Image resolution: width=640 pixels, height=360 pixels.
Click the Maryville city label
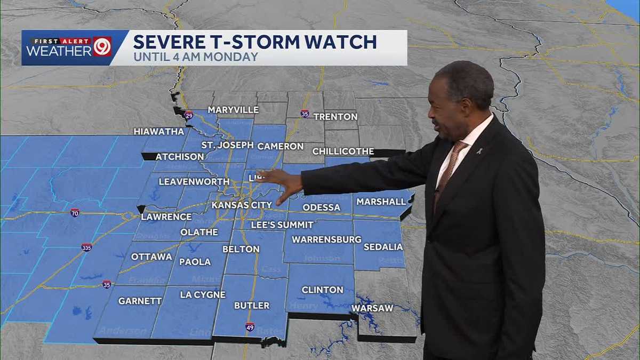tap(233, 110)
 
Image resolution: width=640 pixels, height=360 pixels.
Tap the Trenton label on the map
tap(335, 116)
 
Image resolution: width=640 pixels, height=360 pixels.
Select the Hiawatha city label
tap(159, 131)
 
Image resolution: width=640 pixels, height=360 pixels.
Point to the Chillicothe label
tap(343, 151)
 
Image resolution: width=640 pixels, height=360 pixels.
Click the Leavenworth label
tap(190, 182)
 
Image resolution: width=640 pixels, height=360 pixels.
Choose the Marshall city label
tap(381, 202)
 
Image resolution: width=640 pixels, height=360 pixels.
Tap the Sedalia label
tap(383, 247)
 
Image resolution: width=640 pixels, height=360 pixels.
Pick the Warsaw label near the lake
tap(372, 308)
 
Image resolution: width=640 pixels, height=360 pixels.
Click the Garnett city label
tap(140, 301)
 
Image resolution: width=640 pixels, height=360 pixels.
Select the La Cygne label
tap(203, 294)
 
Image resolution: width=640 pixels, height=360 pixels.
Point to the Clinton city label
tap(322, 290)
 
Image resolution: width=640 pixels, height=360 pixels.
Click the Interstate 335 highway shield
tap(86, 247)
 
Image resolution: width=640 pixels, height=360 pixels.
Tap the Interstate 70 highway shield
tap(75, 213)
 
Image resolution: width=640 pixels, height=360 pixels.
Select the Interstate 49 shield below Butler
tap(250, 326)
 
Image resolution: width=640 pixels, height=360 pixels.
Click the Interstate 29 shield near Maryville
tap(188, 115)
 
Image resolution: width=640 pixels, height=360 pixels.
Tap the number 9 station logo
tap(101, 47)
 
